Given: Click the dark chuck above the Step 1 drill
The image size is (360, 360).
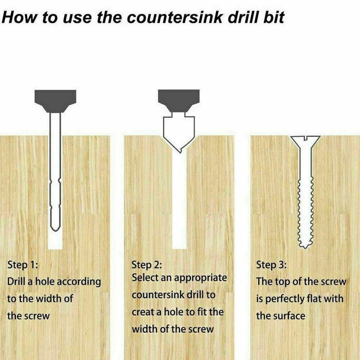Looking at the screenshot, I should point(55,99).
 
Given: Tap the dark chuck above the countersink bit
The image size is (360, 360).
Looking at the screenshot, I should point(179,99).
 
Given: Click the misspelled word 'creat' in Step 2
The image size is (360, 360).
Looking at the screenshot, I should point(144,312).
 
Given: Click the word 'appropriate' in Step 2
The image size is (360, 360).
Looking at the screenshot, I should point(200,278).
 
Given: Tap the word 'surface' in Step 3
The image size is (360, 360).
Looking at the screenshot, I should point(289,315).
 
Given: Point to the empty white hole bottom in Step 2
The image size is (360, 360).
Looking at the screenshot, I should point(179,234).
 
